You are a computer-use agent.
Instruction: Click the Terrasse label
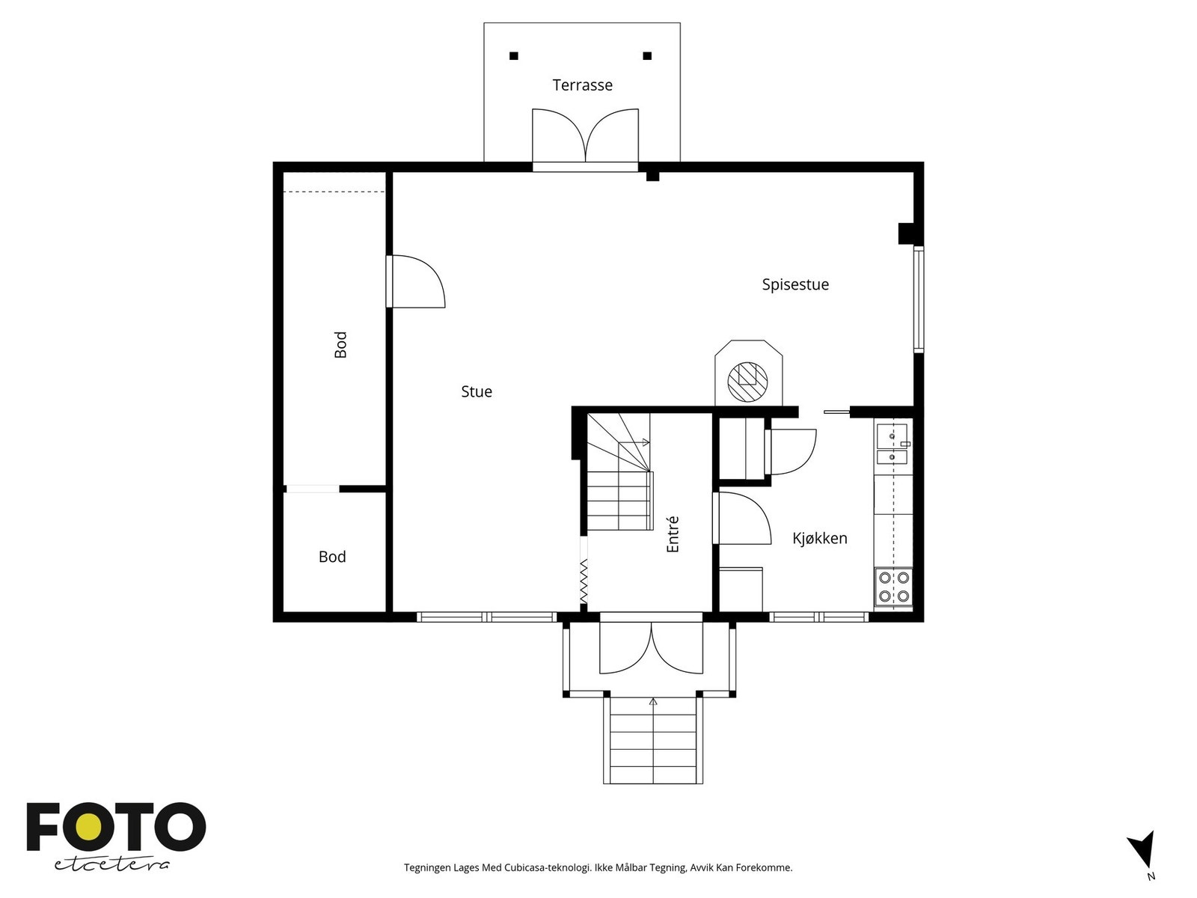(x=582, y=85)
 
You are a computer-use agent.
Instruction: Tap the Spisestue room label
(x=795, y=284)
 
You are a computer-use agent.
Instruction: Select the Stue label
(x=476, y=391)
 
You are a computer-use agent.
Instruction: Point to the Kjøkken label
(x=820, y=539)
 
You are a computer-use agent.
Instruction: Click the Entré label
(x=673, y=534)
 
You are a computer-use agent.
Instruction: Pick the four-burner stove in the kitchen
(x=894, y=587)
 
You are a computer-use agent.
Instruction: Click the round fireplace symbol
(x=747, y=381)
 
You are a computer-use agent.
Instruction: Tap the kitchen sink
(x=893, y=443)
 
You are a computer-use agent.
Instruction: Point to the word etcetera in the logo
(x=111, y=865)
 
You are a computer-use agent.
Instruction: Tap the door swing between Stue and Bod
(x=417, y=281)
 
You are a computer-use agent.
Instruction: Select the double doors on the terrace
(x=585, y=135)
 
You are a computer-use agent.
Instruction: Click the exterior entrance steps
(x=653, y=741)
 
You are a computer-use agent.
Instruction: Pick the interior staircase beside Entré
(x=619, y=471)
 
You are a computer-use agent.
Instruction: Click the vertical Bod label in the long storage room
(x=340, y=344)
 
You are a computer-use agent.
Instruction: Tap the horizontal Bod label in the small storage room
(x=332, y=557)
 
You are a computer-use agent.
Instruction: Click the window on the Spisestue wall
(x=919, y=299)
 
